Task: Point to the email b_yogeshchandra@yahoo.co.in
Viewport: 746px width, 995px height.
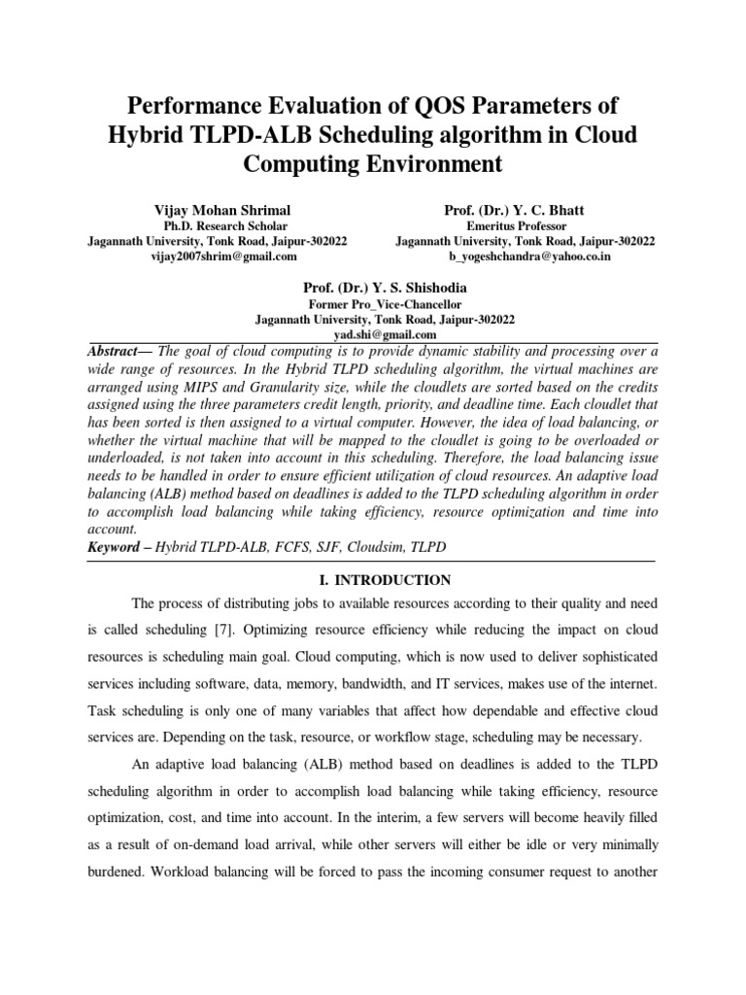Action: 525,257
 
